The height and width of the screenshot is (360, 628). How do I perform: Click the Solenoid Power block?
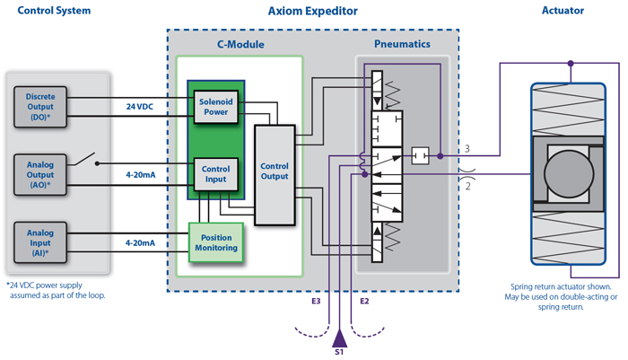pyautogui.click(x=215, y=107)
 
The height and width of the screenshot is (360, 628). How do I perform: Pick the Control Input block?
pyautogui.click(x=215, y=174)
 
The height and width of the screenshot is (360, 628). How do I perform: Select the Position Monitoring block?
pyautogui.click(x=214, y=242)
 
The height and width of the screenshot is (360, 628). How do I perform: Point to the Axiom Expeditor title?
pyautogui.click(x=312, y=12)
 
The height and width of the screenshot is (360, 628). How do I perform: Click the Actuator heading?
pyautogui.click(x=563, y=11)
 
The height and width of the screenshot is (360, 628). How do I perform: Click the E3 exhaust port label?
pyautogui.click(x=316, y=301)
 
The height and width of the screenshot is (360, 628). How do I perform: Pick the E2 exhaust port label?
pyautogui.click(x=364, y=301)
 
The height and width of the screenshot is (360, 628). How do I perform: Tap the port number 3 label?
pyautogui.click(x=467, y=148)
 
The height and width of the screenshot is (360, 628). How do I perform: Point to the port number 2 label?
pyautogui.click(x=467, y=186)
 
